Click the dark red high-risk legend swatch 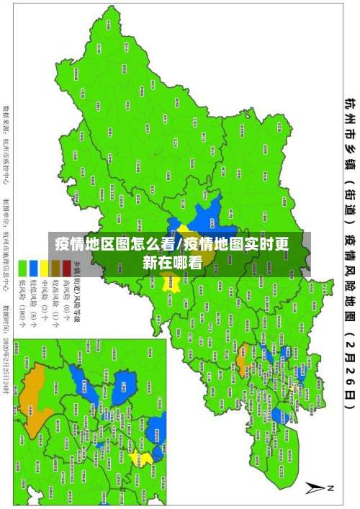[x=66, y=267]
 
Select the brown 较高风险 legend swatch [x=55, y=267]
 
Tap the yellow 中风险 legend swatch [x=45, y=267]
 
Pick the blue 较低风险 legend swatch [x=33, y=267]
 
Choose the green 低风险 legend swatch [x=22, y=267]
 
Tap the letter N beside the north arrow [x=332, y=488]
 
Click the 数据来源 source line [x=8, y=137]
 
